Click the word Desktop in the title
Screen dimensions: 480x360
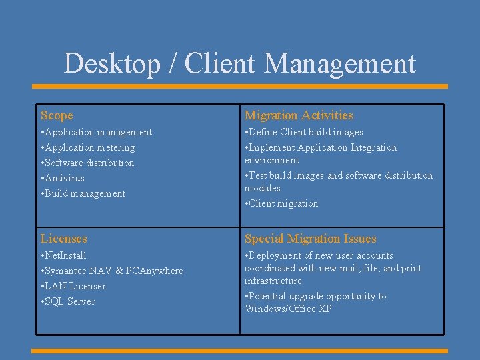(112, 64)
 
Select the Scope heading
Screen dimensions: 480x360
(57, 115)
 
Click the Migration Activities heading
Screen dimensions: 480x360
(299, 115)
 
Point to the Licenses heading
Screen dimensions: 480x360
(64, 239)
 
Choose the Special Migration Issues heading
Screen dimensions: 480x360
(310, 239)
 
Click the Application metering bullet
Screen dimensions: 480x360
(88, 147)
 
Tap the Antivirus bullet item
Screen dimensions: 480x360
(63, 178)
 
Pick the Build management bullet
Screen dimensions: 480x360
(83, 193)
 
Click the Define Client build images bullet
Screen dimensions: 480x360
(304, 132)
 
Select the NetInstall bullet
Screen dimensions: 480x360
(64, 255)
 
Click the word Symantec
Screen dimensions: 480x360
(67, 271)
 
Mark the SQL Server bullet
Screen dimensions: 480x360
(68, 301)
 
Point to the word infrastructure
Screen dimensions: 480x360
(273, 281)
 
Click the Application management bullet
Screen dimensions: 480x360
(96, 132)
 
